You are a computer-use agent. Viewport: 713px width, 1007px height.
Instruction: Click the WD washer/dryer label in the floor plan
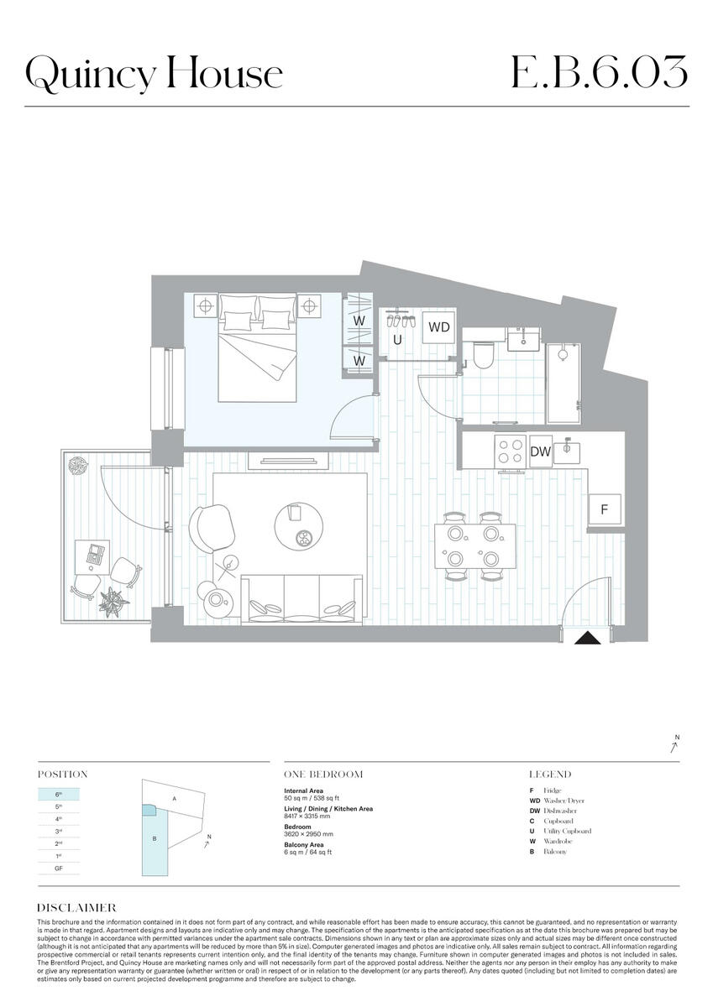(x=439, y=327)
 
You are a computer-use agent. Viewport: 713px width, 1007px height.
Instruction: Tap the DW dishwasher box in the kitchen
(x=541, y=451)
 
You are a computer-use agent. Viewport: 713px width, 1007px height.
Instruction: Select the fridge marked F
(x=605, y=509)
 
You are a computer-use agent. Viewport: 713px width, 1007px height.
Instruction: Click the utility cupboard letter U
(x=398, y=341)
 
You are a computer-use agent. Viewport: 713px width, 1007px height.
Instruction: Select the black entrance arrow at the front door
(x=589, y=638)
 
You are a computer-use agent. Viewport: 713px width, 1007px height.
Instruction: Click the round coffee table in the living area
(x=298, y=525)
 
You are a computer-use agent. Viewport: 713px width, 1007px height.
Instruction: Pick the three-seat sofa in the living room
(x=301, y=599)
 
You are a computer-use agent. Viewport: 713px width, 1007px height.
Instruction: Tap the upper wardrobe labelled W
(x=359, y=321)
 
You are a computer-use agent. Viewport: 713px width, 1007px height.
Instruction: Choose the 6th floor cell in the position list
(x=59, y=793)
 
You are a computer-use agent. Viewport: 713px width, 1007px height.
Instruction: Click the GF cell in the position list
(x=59, y=869)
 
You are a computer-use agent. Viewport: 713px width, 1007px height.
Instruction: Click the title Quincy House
(x=154, y=74)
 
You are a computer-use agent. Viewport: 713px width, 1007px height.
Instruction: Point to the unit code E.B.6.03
(x=599, y=74)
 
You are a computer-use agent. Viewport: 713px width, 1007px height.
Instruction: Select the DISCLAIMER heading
(x=76, y=908)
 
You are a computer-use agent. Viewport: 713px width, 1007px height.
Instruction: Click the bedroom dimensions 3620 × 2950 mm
(x=308, y=834)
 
